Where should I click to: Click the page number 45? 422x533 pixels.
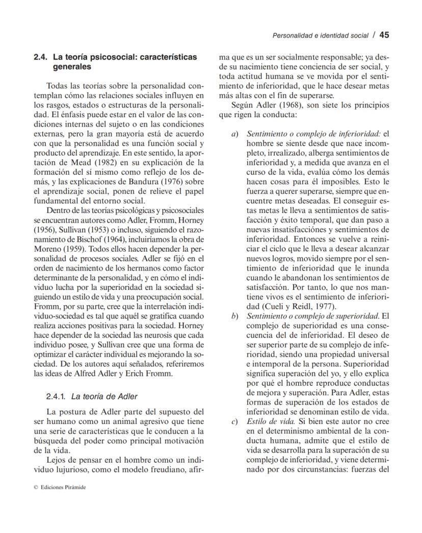coord(384,35)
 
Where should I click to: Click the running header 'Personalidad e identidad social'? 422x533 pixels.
coord(320,36)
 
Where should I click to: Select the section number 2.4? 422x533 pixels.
coord(40,58)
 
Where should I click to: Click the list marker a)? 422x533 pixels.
coord(235,134)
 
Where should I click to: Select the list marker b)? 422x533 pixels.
coord(235,316)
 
